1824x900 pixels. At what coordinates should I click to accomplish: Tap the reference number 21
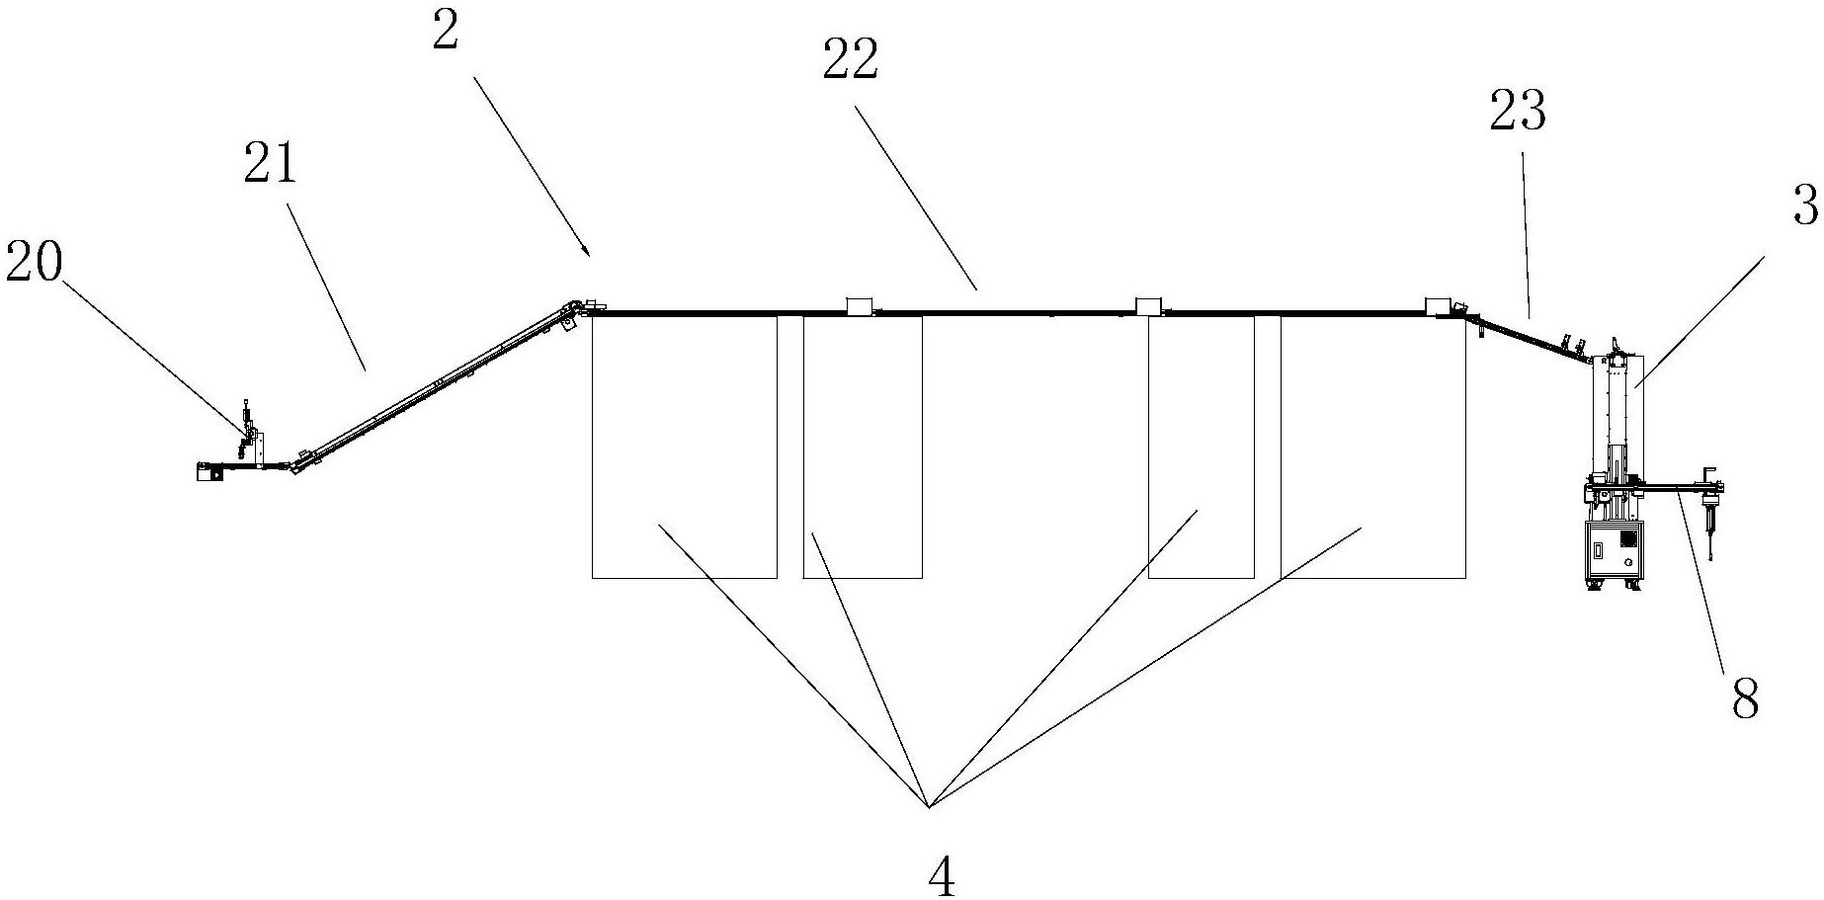tap(270, 163)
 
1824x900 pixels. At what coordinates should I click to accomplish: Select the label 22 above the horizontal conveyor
tap(850, 62)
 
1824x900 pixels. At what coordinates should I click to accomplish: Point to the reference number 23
tap(1517, 112)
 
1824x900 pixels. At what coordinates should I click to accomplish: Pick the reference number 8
tap(1745, 699)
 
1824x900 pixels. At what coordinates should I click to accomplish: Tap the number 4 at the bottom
tap(942, 875)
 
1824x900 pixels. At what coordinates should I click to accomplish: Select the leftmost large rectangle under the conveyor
tap(684, 447)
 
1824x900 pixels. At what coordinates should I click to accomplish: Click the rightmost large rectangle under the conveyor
tap(1373, 447)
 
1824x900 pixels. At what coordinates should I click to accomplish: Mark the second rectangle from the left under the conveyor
tap(863, 447)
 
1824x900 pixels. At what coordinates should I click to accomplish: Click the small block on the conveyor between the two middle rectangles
tap(1148, 305)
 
